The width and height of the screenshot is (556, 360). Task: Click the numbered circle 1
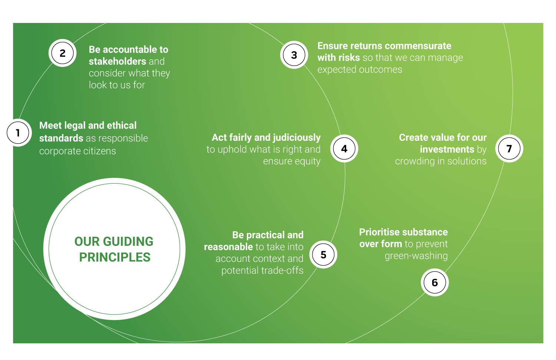coord(18,133)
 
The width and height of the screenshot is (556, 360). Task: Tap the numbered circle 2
coord(63,53)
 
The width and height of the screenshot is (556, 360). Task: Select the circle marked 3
coord(294,55)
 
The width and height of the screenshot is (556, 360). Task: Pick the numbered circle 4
coord(344,149)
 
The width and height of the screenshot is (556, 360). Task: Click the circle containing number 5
coord(323,254)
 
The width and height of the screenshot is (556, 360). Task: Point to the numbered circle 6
coord(435,282)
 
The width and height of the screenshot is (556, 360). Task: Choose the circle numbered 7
coord(509,149)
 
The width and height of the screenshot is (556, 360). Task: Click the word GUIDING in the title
coord(128,241)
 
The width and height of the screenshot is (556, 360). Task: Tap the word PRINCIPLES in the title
coord(115,257)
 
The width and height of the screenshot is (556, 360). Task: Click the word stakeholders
coord(118,61)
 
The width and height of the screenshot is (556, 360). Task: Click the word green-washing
coord(416,256)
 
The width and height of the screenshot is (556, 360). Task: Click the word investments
coord(447,149)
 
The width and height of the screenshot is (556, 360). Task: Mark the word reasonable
coord(228,247)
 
